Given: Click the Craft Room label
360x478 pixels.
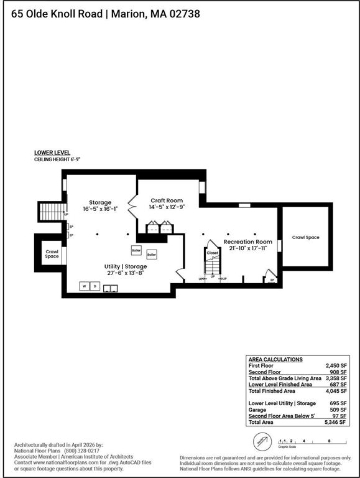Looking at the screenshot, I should coord(167,200).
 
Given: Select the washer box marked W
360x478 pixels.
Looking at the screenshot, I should coord(83,286).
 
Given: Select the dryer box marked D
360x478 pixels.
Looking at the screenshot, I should coord(95,286).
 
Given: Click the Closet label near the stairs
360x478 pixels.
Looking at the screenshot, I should coord(213,253).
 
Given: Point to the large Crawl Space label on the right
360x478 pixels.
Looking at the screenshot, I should coord(305,237).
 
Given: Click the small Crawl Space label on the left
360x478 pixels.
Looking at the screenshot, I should coord(52,254).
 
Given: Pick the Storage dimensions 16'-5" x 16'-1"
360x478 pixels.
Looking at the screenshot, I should coord(100,209).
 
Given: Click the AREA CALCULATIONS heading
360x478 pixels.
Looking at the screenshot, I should coord(275,360).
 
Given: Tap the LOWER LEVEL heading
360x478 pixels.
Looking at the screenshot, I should coord(52,152).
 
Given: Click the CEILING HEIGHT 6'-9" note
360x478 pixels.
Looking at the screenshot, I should coord(57,160).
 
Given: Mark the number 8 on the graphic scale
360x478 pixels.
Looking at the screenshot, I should coord(328,440).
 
